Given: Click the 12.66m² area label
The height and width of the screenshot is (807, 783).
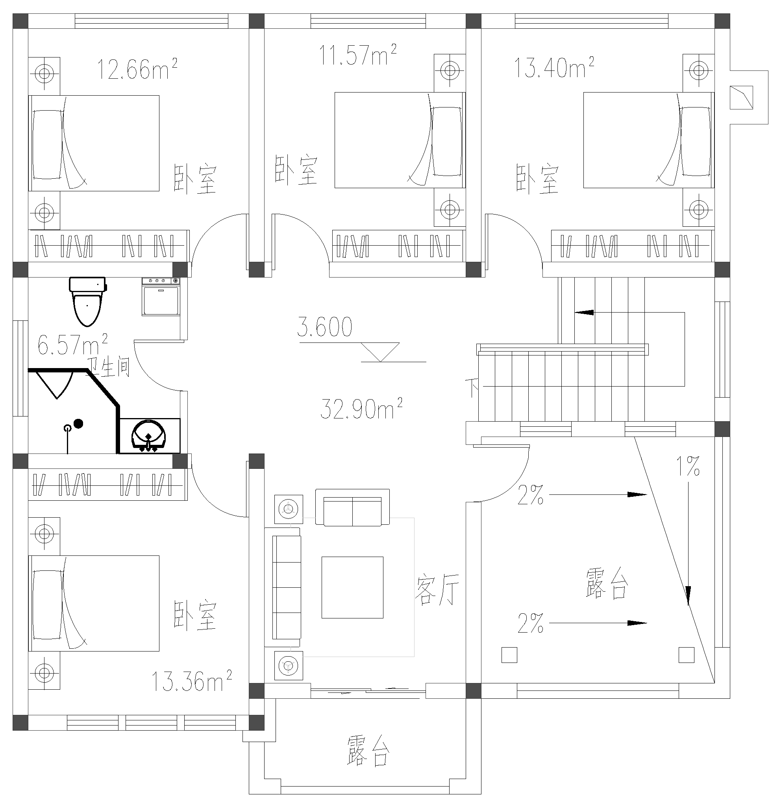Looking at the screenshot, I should tap(137, 69).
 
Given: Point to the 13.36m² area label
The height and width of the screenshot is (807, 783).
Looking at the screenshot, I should tap(191, 681).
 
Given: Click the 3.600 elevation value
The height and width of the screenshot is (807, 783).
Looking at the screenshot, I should tap(325, 328).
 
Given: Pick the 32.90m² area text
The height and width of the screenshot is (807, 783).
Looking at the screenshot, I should tap(361, 409).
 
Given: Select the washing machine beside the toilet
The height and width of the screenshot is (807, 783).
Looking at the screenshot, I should tap(161, 296).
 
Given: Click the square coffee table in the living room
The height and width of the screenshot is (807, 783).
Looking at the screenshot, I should tap(352, 588).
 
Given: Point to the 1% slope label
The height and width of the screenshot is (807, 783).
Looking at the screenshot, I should tap(688, 466).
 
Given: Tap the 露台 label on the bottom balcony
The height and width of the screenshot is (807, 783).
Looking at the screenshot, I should tap(368, 751).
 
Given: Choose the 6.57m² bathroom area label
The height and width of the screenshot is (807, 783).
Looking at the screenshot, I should tap(72, 345).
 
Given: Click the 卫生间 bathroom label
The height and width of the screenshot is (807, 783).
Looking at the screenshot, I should tap(109, 368).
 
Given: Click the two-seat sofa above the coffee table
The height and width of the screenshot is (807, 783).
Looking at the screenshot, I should tap(352, 508).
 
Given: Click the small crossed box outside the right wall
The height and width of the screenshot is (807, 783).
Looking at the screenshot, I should tap(741, 98).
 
